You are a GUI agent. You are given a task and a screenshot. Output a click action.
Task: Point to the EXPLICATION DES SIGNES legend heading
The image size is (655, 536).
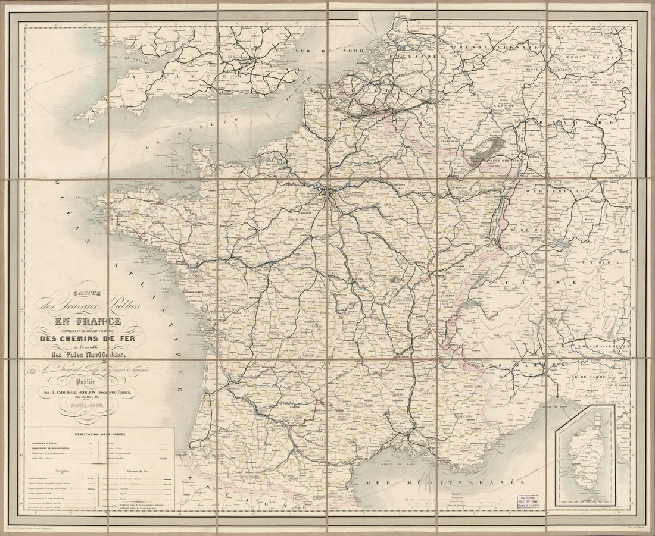click(x=99, y=434)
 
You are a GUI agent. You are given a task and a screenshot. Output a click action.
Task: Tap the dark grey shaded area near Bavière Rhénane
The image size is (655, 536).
click(x=485, y=149)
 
